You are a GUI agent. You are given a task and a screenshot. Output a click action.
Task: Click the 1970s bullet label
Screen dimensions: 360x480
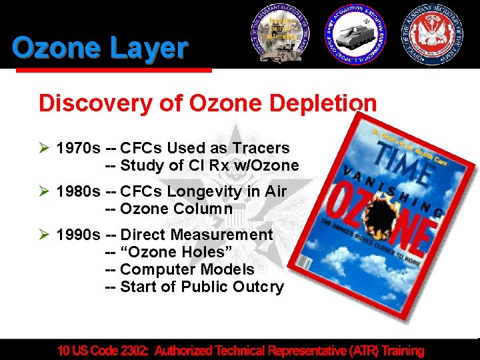click(x=78, y=148)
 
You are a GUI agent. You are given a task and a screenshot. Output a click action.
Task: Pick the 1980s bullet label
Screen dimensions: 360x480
click(x=78, y=191)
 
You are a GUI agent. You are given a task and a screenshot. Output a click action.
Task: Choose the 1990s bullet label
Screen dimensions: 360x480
click(x=78, y=235)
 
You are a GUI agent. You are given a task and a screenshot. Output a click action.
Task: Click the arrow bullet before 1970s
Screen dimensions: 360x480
click(x=45, y=148)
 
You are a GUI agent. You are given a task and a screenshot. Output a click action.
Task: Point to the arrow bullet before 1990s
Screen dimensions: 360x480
click(x=45, y=235)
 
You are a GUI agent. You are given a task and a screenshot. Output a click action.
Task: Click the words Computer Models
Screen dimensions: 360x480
click(x=187, y=269)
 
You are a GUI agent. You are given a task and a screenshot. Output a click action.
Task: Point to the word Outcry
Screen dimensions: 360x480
click(x=259, y=287)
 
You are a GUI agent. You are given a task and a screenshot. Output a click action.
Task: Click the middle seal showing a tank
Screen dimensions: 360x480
click(x=354, y=35)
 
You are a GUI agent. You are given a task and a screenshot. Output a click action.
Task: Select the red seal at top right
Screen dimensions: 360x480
click(x=433, y=35)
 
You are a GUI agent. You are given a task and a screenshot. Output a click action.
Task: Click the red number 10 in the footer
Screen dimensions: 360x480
click(x=65, y=350)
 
